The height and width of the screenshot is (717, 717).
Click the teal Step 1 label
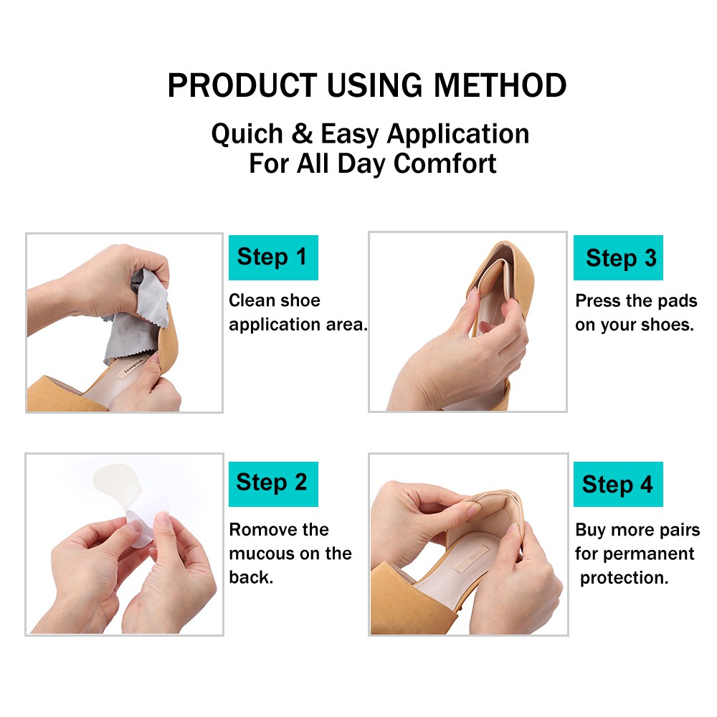click(272, 257)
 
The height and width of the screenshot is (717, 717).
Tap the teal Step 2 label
click(272, 483)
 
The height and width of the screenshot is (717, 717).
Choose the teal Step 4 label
click(617, 484)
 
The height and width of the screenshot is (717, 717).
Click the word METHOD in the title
click(500, 86)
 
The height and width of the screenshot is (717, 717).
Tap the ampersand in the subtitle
click(302, 134)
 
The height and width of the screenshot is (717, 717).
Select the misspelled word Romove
click(259, 530)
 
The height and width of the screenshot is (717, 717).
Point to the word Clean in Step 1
click(252, 300)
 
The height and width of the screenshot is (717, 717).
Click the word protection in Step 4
click(621, 577)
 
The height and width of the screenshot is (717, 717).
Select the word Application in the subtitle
click(458, 134)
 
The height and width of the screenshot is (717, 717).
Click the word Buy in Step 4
click(591, 530)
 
